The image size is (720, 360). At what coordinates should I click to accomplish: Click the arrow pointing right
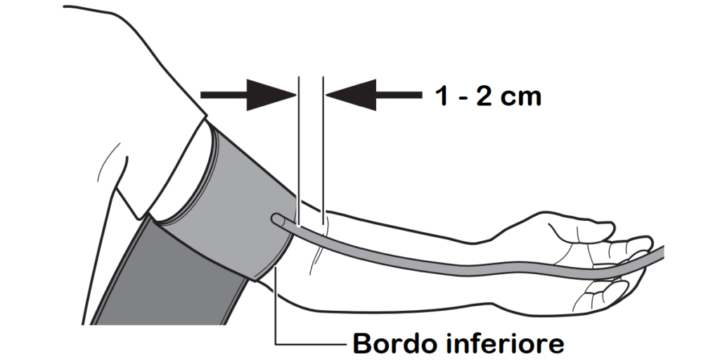[248, 95]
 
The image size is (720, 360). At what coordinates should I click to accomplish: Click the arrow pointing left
[374, 95]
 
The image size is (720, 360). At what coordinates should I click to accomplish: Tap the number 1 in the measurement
[442, 96]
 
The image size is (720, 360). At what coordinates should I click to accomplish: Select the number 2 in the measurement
[484, 96]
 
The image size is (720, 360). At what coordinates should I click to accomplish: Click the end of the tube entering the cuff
[275, 219]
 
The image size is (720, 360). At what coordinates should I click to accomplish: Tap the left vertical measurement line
[299, 152]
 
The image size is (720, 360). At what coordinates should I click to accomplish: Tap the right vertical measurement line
[323, 152]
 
